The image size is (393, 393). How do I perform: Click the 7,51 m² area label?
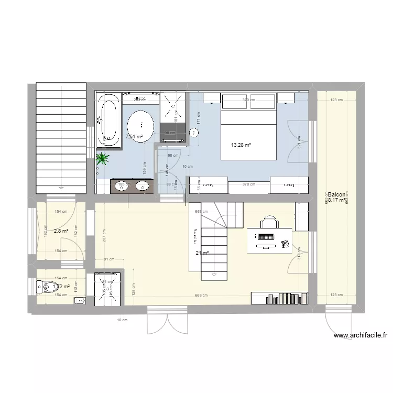tap(134, 137)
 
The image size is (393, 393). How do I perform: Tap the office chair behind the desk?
tap(269, 222)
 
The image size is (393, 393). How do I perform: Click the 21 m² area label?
tap(202, 254)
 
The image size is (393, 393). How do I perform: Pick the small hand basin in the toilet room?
tap(79, 300)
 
